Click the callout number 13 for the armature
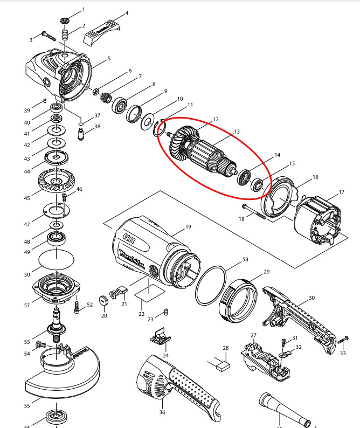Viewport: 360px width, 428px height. [x=236, y=131]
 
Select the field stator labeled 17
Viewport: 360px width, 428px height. [x=318, y=221]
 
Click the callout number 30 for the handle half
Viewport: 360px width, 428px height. [x=311, y=298]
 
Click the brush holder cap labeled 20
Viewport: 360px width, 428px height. [x=104, y=300]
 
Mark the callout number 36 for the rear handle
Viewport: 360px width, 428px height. [x=162, y=412]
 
